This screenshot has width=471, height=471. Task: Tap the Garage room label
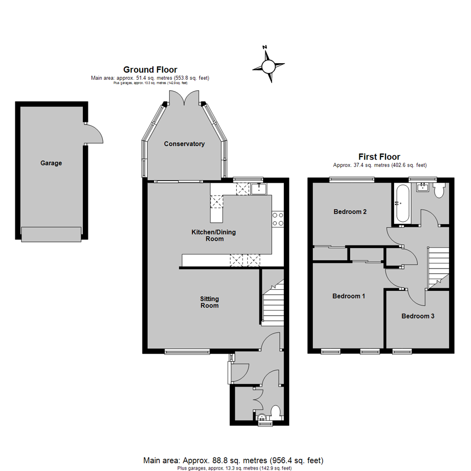click(x=51, y=163)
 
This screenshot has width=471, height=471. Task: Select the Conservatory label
click(x=184, y=144)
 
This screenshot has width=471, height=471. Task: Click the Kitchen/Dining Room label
click(x=214, y=235)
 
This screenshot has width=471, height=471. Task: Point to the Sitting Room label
click(x=209, y=302)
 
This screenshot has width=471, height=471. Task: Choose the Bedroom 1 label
click(x=348, y=296)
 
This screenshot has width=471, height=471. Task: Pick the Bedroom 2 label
click(x=350, y=212)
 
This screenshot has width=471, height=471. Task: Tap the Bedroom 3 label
click(x=417, y=316)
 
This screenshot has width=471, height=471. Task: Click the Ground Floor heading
click(x=150, y=69)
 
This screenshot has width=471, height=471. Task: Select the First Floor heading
click(x=379, y=157)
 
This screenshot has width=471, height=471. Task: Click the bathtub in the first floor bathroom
click(x=402, y=203)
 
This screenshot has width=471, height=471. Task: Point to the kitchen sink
click(x=259, y=188)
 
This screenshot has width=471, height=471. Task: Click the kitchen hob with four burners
click(x=278, y=219)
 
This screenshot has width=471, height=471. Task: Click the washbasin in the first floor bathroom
click(x=423, y=188)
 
